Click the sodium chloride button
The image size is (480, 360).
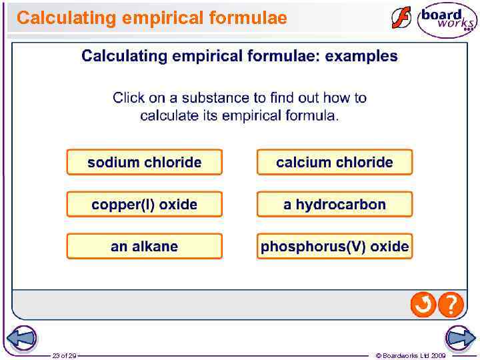click(144, 162)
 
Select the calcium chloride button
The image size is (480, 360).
click(335, 162)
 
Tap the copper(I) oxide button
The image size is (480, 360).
click(144, 205)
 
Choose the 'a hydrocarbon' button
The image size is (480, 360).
click(335, 205)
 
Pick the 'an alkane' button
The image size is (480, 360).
click(144, 247)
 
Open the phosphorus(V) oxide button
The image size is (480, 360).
click(335, 247)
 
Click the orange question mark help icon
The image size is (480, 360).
click(451, 305)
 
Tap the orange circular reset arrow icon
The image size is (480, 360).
click(423, 305)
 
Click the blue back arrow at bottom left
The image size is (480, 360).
click(19, 338)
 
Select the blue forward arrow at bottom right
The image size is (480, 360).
click(461, 338)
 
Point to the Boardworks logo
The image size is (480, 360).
click(447, 20)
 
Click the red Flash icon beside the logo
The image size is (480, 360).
click(401, 17)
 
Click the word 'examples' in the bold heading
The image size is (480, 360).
click(361, 56)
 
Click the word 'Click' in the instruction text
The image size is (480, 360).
click(129, 98)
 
